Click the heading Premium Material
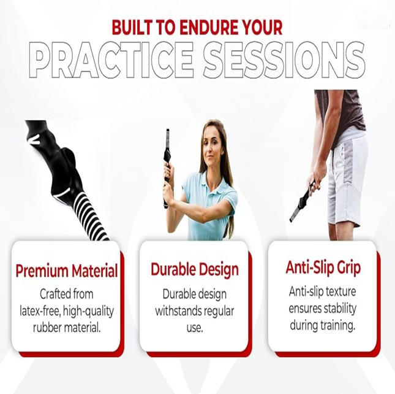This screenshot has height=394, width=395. click(x=67, y=270)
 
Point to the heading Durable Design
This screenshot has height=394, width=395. click(x=195, y=269)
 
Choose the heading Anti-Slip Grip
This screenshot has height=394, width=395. click(x=323, y=268)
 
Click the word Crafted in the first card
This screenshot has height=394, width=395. click(x=50, y=294)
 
